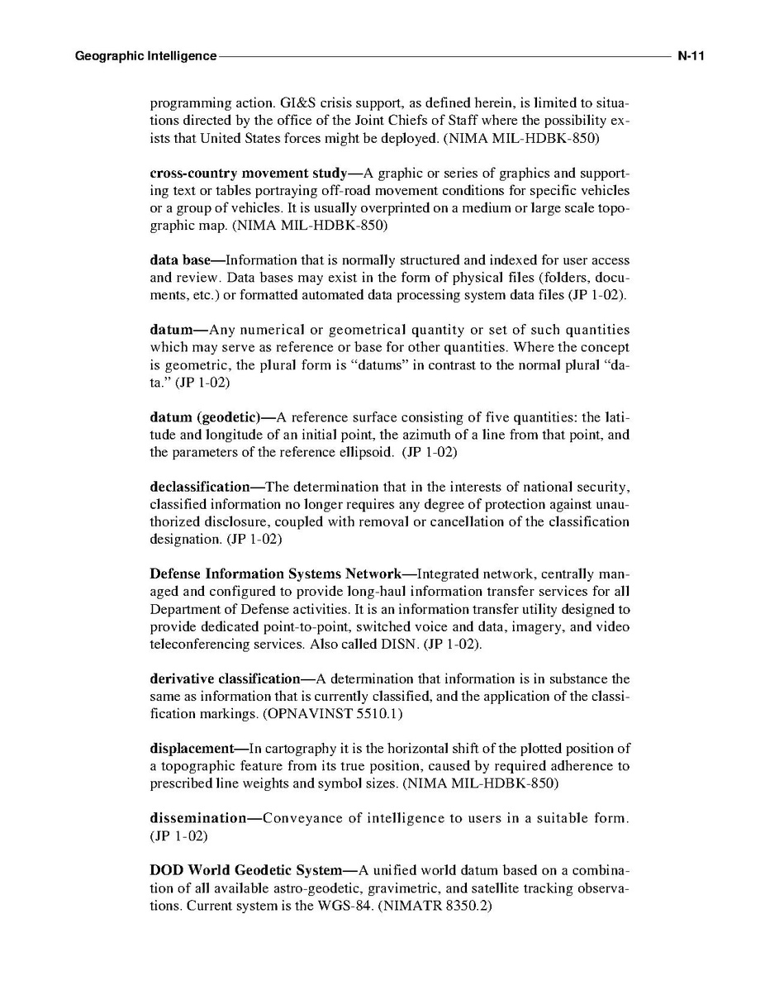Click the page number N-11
689,56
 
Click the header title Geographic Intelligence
145,56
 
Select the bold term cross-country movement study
248,174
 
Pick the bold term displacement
192,748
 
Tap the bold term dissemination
198,818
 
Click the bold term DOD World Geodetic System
245,870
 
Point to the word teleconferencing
202,643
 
